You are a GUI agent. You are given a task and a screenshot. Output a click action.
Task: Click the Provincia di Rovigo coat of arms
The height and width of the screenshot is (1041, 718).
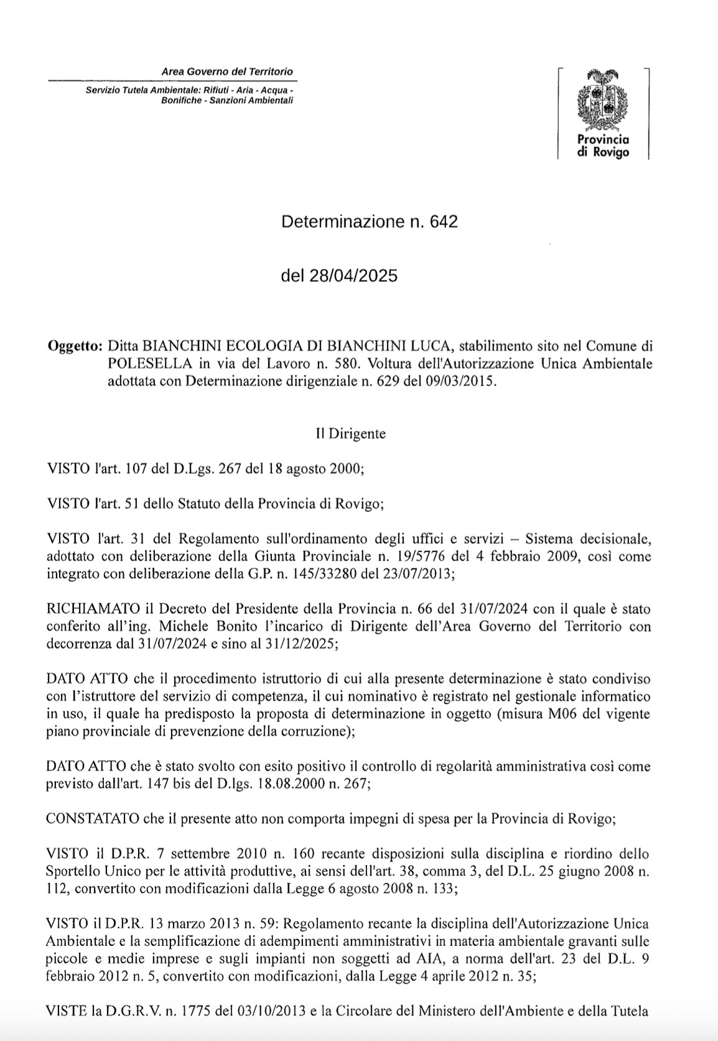(602, 99)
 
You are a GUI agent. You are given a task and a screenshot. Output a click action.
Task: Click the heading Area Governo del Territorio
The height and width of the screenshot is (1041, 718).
(226, 72)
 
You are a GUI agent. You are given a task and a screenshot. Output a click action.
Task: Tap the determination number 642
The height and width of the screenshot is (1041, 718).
(444, 221)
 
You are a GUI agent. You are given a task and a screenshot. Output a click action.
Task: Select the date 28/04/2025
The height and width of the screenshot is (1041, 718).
(353, 275)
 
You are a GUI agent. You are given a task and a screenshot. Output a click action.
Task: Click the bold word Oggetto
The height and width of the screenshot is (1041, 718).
(74, 346)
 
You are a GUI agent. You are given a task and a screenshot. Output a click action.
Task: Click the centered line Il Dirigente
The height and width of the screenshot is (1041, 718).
(350, 433)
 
